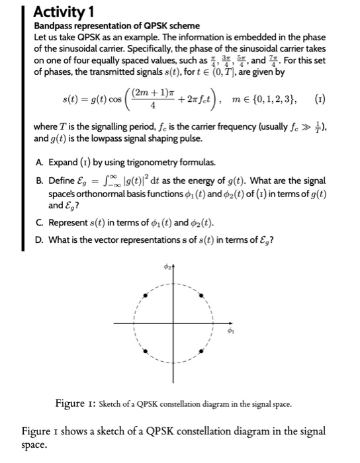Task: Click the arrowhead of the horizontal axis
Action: click(236, 323)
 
